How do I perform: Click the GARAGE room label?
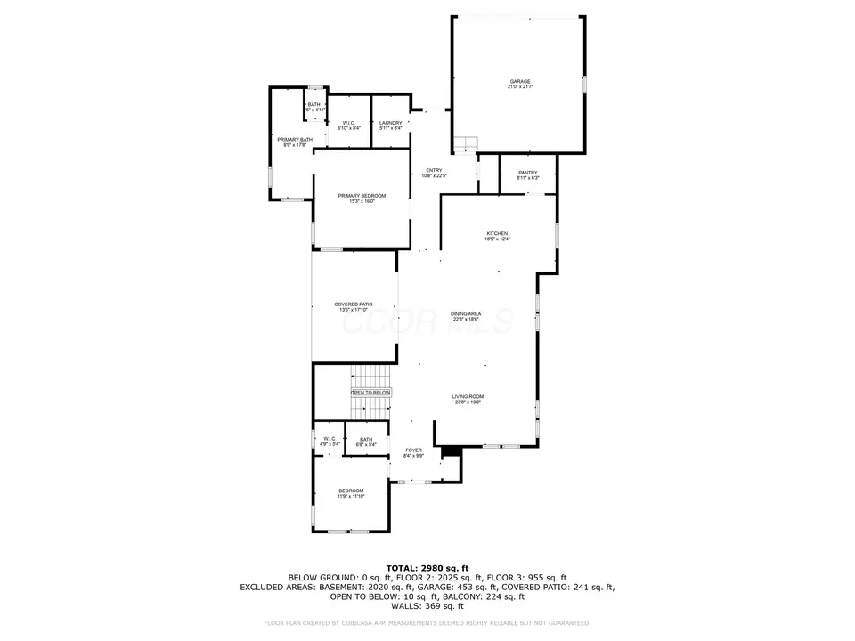click(519, 81)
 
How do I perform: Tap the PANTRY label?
click(528, 172)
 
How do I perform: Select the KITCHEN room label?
click(496, 233)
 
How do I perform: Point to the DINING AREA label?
click(466, 313)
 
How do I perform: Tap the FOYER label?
click(413, 450)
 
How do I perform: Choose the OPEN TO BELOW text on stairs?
click(370, 392)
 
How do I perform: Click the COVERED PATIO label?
click(354, 304)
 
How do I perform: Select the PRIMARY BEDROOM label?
click(362, 196)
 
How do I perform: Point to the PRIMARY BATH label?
click(294, 140)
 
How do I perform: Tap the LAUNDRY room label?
click(390, 123)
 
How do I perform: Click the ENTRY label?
click(434, 171)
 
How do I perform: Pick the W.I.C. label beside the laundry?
click(349, 123)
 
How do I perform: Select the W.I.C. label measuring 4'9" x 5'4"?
click(328, 439)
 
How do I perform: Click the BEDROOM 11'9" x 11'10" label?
click(351, 491)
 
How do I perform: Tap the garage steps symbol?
click(466, 144)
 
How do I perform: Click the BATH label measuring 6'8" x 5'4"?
click(366, 440)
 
